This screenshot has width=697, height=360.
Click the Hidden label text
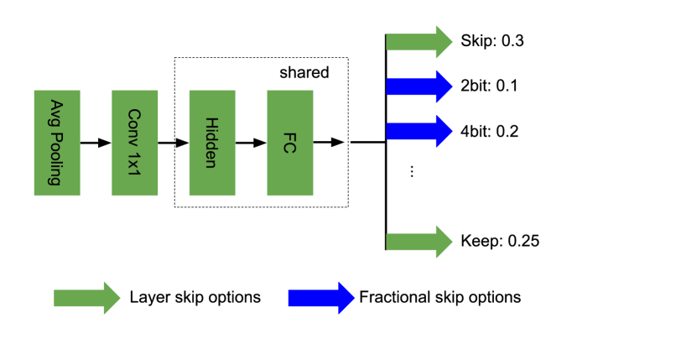pyautogui.click(x=211, y=143)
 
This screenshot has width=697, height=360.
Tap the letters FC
pyautogui.click(x=289, y=143)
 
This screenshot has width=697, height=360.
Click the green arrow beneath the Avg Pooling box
pyautogui.click(x=84, y=298)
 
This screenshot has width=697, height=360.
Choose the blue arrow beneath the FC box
pyautogui.click(x=319, y=298)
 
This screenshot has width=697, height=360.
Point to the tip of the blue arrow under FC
pyautogui.click(x=353, y=298)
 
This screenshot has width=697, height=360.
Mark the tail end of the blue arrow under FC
pyautogui.click(x=291, y=298)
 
